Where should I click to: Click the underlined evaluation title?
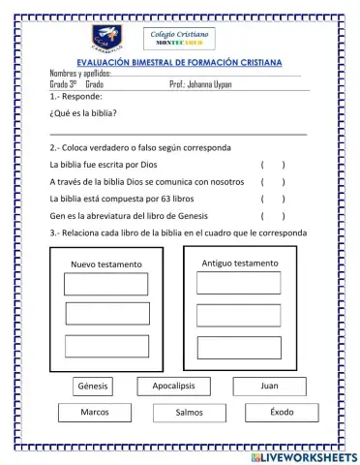tap(179, 62)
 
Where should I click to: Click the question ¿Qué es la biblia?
tap(83, 113)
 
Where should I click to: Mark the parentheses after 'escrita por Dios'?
tap(272, 165)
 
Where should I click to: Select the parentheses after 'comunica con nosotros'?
tap(272, 181)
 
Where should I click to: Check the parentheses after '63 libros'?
tap(272, 199)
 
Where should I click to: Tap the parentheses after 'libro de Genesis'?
tap(272, 216)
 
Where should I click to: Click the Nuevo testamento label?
tap(105, 264)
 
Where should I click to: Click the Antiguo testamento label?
tap(239, 263)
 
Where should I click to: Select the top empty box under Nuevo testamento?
tap(106, 285)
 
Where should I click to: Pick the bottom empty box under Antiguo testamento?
tap(238, 348)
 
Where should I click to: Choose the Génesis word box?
tap(93, 387)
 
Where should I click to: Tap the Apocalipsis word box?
tap(173, 387)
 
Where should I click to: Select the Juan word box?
tap(269, 387)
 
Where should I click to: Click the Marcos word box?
tap(95, 413)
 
